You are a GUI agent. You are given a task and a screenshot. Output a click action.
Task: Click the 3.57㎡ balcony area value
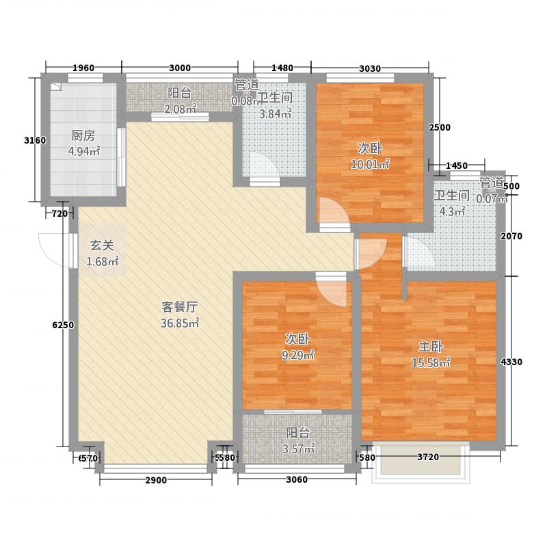pos(298,449)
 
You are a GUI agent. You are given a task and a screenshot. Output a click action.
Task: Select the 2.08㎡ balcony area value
pos(181,109)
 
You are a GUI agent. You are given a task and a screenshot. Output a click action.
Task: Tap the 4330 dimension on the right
pos(513,362)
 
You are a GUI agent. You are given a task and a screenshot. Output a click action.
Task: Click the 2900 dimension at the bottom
pos(156,481)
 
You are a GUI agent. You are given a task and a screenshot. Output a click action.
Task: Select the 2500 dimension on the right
pos(440,128)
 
